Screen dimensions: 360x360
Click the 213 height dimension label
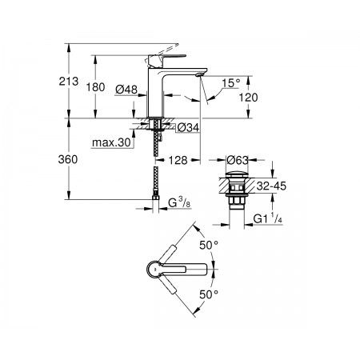point(69,82)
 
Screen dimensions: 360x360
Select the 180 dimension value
point(95,87)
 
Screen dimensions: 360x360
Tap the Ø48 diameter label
point(126,89)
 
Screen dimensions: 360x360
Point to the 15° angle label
point(231,83)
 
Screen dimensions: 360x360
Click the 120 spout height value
point(248,98)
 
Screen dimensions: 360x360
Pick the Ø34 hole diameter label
point(188,128)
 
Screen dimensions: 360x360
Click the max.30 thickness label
point(111,142)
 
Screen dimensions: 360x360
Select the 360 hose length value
point(68,159)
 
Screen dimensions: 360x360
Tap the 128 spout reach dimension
point(178,160)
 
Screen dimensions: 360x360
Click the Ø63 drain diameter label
point(238,160)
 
